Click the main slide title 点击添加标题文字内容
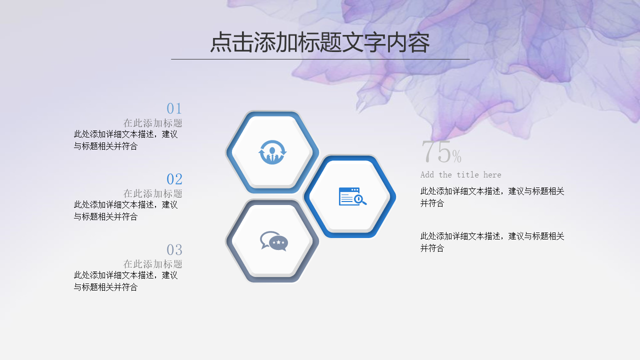coord(320,42)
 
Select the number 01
coord(174,108)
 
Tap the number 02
coord(174,179)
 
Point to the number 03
coord(174,249)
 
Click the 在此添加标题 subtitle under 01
coord(153,123)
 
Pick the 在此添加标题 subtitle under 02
coord(153,193)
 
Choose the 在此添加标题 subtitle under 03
coord(153,264)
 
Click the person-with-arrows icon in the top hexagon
coord(272,152)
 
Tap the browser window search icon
coord(352,196)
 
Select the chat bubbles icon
coord(274,241)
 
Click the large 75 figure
coord(436,151)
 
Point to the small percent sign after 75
coord(457,156)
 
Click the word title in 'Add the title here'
coord(467,174)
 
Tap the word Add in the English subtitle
coord(427,174)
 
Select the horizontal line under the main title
coord(320,59)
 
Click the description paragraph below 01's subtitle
coord(125,140)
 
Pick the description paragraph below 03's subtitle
coord(125,281)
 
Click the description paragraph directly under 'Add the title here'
coord(492,197)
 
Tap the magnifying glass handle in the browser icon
coord(363,202)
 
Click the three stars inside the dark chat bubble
coord(278,242)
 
